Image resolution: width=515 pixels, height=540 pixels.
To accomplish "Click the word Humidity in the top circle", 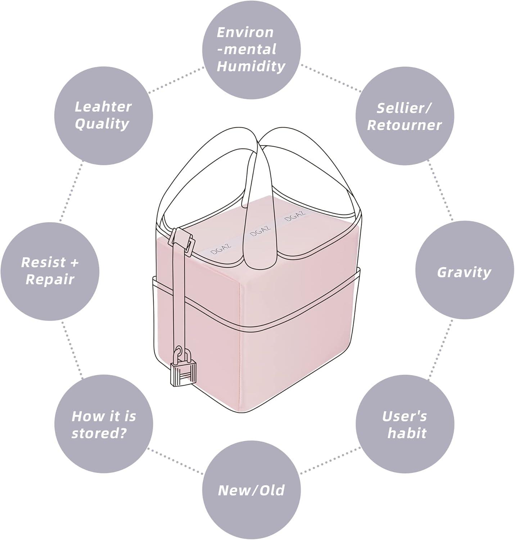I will tap(251, 66).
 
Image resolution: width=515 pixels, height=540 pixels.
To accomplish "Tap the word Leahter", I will tap(103, 107).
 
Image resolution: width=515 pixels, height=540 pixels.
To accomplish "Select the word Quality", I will tap(102, 124).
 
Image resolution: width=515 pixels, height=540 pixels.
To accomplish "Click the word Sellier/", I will tap(405, 108).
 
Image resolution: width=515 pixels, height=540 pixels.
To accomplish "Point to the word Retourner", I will tap(404, 125).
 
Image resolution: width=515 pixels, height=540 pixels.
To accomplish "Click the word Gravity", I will tap(464, 272).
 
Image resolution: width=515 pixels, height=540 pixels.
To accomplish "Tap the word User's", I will tap(404, 416).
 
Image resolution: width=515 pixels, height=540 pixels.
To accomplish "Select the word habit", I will tap(407, 433).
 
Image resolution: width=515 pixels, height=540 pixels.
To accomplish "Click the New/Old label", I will tap(251, 490).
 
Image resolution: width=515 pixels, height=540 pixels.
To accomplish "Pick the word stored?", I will tap(99, 433).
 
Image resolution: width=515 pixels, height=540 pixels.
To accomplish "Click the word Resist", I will tap(43, 262).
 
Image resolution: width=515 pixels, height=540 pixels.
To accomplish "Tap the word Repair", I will tap(50, 280).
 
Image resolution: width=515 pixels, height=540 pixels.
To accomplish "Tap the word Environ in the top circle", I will tap(245, 32).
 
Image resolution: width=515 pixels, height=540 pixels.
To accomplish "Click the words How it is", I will tap(104, 416).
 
